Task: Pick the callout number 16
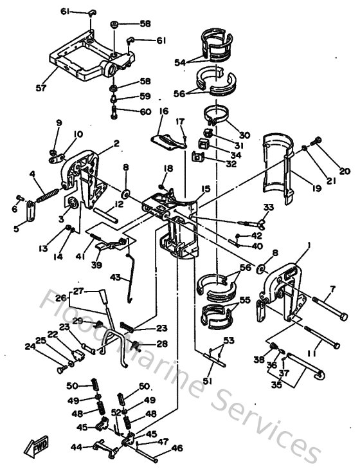(x=163, y=111)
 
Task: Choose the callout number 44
(x=75, y=447)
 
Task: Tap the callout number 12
(x=120, y=205)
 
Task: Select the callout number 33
(x=269, y=207)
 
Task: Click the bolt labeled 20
(x=316, y=142)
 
